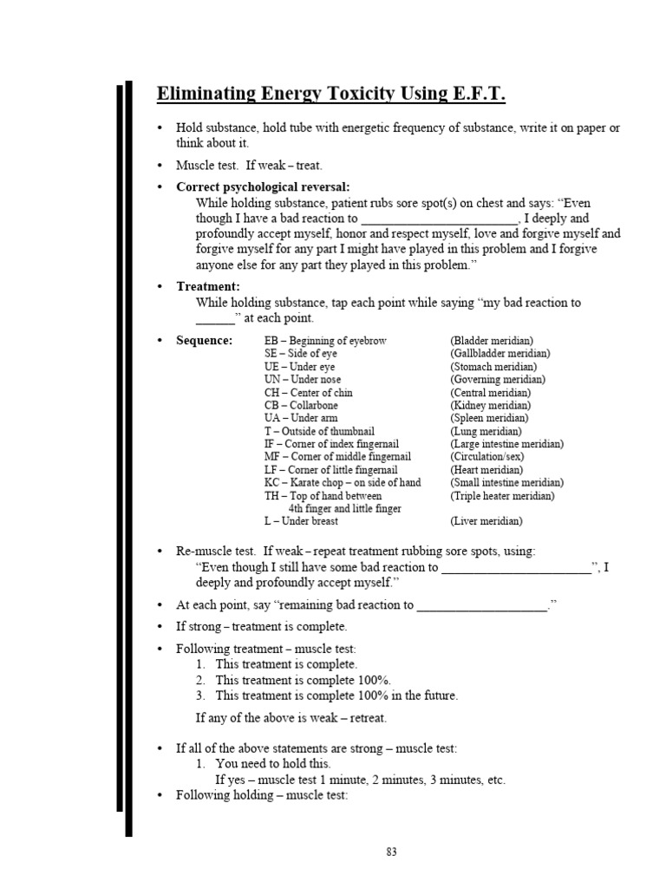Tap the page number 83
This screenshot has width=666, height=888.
392,852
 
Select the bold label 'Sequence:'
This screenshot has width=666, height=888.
204,341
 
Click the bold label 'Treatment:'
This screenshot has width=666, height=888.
208,286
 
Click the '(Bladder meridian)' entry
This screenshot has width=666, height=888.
492,341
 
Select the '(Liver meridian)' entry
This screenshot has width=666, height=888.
486,521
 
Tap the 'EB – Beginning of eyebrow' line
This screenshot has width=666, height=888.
325,341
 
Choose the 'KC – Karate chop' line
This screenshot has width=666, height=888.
343,482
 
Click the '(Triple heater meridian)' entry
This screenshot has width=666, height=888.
502,495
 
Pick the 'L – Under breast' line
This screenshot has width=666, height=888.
301,521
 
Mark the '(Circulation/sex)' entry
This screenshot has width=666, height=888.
486,456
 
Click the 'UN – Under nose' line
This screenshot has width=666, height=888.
303,379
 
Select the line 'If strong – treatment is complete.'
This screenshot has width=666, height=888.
261,626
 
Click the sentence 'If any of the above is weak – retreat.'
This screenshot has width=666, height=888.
291,717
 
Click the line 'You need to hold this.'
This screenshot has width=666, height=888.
273,763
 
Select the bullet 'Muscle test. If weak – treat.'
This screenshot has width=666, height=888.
249,165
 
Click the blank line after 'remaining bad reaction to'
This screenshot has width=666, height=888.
482,606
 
